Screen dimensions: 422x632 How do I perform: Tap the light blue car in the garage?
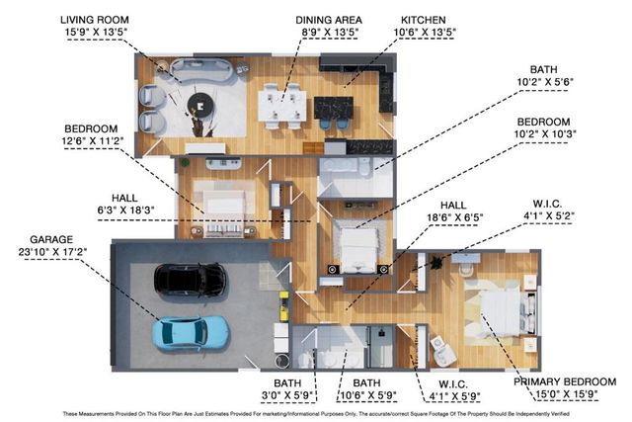tap(194, 331)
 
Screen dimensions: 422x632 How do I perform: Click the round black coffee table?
tap(204, 102)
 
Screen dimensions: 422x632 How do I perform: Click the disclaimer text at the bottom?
tap(316, 413)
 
